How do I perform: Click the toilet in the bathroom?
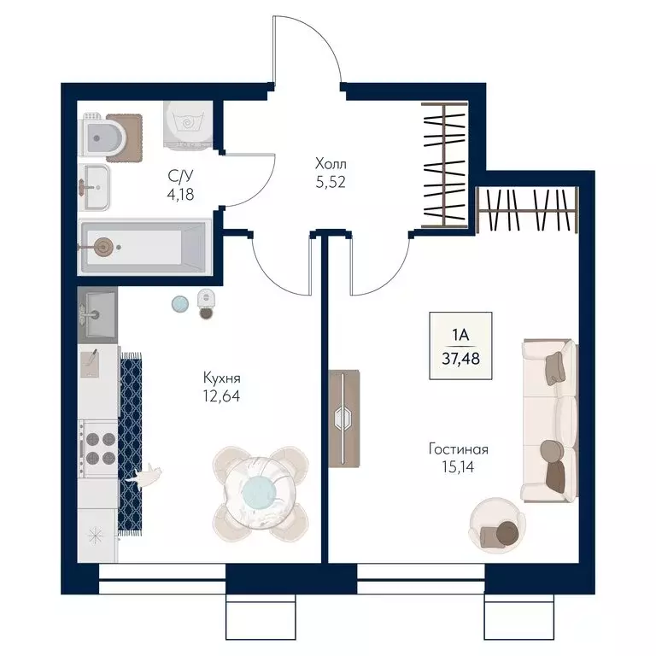pos(102,137)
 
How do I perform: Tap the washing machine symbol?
pos(188,124)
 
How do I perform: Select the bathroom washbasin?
pos(95,187)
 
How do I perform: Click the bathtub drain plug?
pos(103,247)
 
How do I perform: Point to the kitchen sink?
pos(97,314)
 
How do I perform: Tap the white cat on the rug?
pos(146,476)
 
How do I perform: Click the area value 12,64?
pos(222,395)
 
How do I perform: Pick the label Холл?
pos(331,163)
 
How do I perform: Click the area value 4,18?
pos(180,195)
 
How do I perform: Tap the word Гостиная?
pos(459,449)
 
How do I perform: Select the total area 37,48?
pos(460,359)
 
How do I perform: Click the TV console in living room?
pos(344,419)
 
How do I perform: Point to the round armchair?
pos(497,525)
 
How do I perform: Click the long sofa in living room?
pos(550,420)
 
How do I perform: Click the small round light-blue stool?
pos(180,304)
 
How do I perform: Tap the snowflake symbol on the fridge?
pos(96,535)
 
